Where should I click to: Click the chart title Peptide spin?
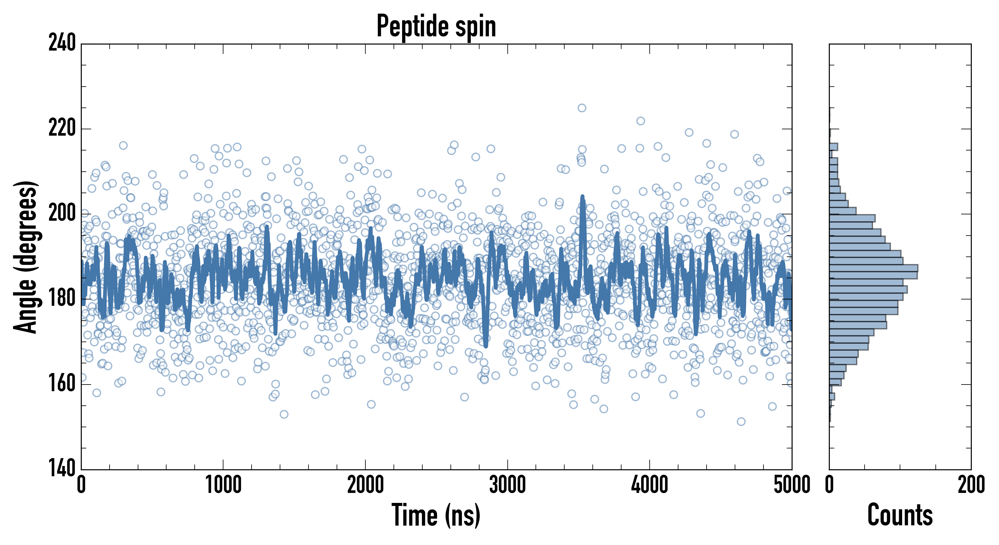(436, 26)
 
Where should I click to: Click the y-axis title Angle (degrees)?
(26, 257)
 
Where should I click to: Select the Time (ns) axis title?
(436, 515)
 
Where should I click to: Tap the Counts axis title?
(900, 515)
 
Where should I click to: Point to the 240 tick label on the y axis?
(62, 43)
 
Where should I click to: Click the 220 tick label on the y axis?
(62, 128)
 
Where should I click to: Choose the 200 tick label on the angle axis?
(62, 213)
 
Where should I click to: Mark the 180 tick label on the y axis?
(62, 299)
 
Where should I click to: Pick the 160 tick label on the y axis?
(62, 384)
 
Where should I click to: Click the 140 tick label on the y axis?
(62, 469)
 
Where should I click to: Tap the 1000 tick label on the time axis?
(223, 485)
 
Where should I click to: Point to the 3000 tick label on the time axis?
(507, 485)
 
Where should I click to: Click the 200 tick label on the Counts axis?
(971, 485)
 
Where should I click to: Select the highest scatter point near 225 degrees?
(582, 108)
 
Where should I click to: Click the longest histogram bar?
(873, 268)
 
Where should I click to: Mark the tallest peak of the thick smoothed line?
(582, 197)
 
